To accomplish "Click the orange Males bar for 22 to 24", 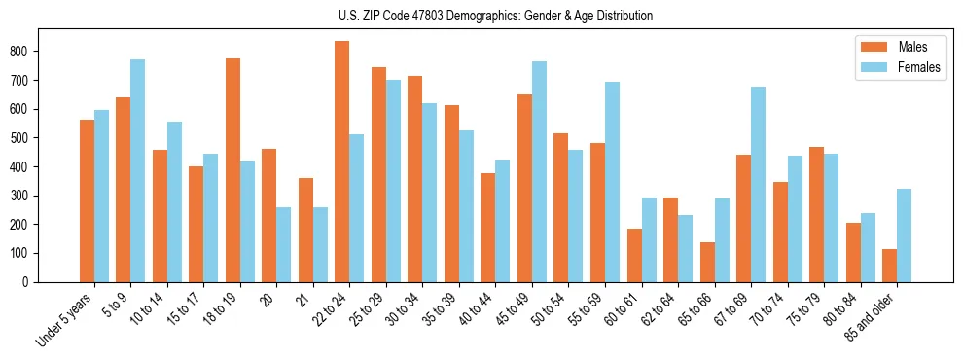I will tap(341, 162).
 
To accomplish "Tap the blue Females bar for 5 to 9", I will tap(138, 171).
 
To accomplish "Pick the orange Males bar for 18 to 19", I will tap(232, 170).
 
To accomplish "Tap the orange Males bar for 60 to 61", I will tap(634, 255).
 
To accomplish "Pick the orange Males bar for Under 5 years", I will tap(87, 200).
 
